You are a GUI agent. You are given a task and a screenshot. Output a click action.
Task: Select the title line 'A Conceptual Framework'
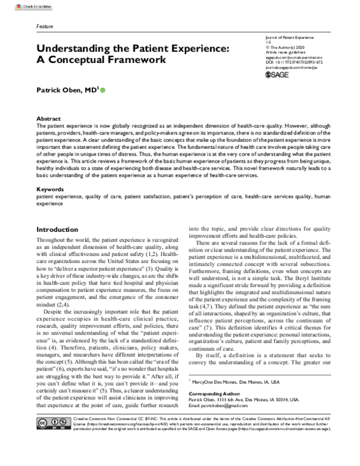(x=101, y=61)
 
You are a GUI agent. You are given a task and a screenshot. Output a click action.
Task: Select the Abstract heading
(x=49, y=120)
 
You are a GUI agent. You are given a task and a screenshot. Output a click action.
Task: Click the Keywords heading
(x=50, y=190)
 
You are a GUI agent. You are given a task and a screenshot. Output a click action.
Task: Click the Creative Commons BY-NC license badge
(x=47, y=442)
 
